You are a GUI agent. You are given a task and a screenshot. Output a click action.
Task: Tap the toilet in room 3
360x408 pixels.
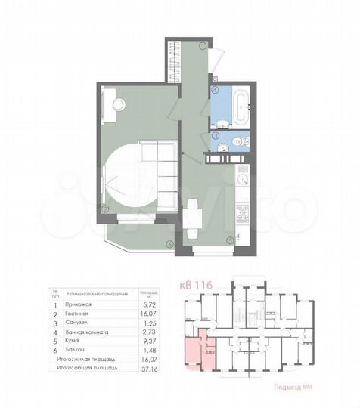(x=237, y=141)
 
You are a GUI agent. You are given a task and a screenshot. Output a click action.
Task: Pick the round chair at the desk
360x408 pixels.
(x=119, y=104)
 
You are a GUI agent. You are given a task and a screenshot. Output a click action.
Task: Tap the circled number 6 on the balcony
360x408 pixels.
(x=169, y=243)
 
